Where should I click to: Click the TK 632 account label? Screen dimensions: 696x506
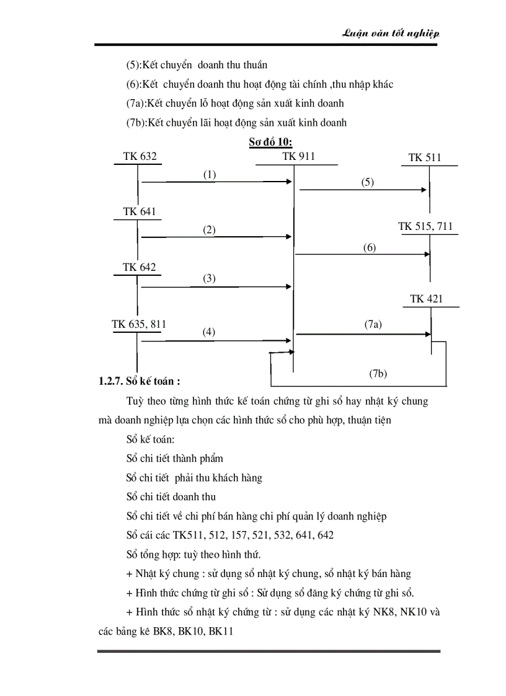pyautogui.click(x=140, y=156)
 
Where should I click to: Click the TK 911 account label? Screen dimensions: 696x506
pyautogui.click(x=298, y=156)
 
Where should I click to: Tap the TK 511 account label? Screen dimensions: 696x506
pyautogui.click(x=425, y=157)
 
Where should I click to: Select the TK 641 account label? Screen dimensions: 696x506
pyautogui.click(x=139, y=211)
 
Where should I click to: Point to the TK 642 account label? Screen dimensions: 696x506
pyautogui.click(x=139, y=267)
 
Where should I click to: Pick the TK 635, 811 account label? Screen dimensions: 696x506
pyautogui.click(x=139, y=324)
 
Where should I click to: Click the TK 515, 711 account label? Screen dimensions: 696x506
pyautogui.click(x=425, y=226)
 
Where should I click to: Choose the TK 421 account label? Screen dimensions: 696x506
pyautogui.click(x=426, y=299)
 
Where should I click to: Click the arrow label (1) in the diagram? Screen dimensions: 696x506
pyautogui.click(x=210, y=175)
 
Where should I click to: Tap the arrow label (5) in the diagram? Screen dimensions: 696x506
pyautogui.click(x=368, y=182)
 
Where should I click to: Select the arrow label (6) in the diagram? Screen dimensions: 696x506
pyautogui.click(x=370, y=247)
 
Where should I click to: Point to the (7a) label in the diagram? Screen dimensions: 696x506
pyautogui.click(x=373, y=324)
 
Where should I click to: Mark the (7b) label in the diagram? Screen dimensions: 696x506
pyautogui.click(x=378, y=373)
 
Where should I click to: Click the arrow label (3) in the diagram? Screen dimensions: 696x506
pyautogui.click(x=210, y=278)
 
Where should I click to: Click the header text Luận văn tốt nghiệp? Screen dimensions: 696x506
pyautogui.click(x=391, y=34)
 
